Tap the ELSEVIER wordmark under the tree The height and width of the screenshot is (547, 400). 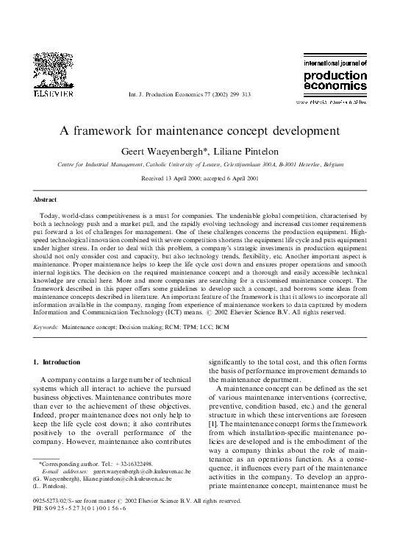(48, 94)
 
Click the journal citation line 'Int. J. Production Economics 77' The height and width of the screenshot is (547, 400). (190, 95)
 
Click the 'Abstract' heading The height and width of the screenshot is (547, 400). (46, 200)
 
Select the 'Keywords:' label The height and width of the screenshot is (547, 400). (46, 324)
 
